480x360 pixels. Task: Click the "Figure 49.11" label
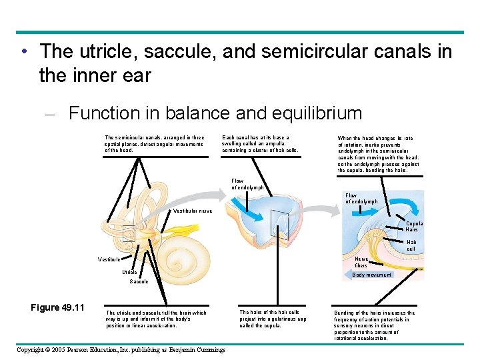pyautogui.click(x=57, y=307)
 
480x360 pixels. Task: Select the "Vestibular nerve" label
pyautogui.click(x=193, y=211)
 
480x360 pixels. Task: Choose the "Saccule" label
pyautogui.click(x=139, y=281)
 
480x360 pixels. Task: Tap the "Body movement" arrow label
pyautogui.click(x=371, y=275)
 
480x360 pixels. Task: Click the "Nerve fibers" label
pyautogui.click(x=361, y=262)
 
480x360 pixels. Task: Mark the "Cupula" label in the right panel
pyautogui.click(x=415, y=223)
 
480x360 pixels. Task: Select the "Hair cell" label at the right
pyautogui.click(x=411, y=245)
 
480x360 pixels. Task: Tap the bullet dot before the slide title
pyautogui.click(x=23, y=52)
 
